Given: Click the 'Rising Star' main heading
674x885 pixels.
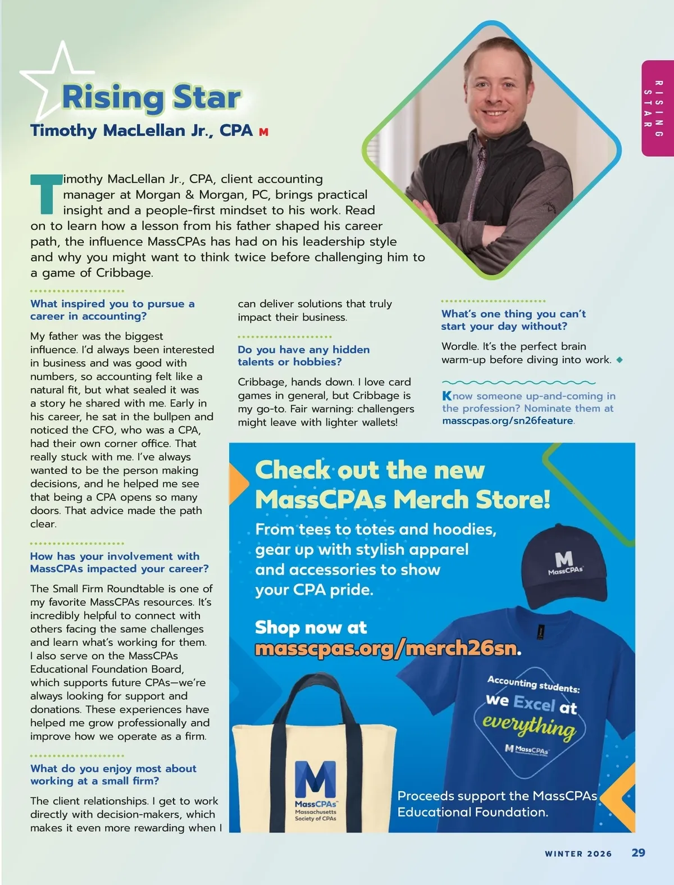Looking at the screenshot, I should pyautogui.click(x=152, y=97).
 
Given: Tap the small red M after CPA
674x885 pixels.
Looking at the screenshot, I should pyautogui.click(x=263, y=132).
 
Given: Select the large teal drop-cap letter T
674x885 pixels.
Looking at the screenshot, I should pyautogui.click(x=44, y=194).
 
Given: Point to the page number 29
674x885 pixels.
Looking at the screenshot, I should pyautogui.click(x=638, y=852).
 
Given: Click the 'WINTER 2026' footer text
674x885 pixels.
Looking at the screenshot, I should pyautogui.click(x=578, y=854).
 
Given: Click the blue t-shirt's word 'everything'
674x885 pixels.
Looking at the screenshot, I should pyautogui.click(x=529, y=726).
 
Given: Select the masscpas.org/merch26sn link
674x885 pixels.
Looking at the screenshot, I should pyautogui.click(x=385, y=648).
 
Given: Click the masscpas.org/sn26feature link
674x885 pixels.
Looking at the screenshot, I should pyautogui.click(x=508, y=421).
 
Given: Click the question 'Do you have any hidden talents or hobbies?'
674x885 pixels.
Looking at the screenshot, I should pyautogui.click(x=303, y=355).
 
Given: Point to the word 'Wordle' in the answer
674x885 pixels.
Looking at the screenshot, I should pyautogui.click(x=459, y=346).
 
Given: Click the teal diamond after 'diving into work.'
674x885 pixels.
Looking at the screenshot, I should pyautogui.click(x=620, y=360).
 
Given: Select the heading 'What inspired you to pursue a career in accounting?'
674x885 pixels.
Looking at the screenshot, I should pyautogui.click(x=112, y=310).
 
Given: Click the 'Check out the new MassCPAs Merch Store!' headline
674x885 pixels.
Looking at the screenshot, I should pyautogui.click(x=402, y=485).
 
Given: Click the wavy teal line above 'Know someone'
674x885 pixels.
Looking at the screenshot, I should pyautogui.click(x=518, y=382).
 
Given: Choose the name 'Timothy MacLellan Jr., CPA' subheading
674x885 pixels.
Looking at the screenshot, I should pyautogui.click(x=142, y=130).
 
